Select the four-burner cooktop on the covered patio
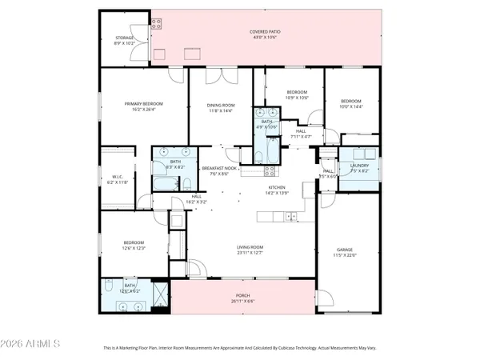coord(193,54)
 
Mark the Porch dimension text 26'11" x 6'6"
coord(243,302)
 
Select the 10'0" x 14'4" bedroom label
coord(351,103)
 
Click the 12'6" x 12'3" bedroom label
coord(134,244)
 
